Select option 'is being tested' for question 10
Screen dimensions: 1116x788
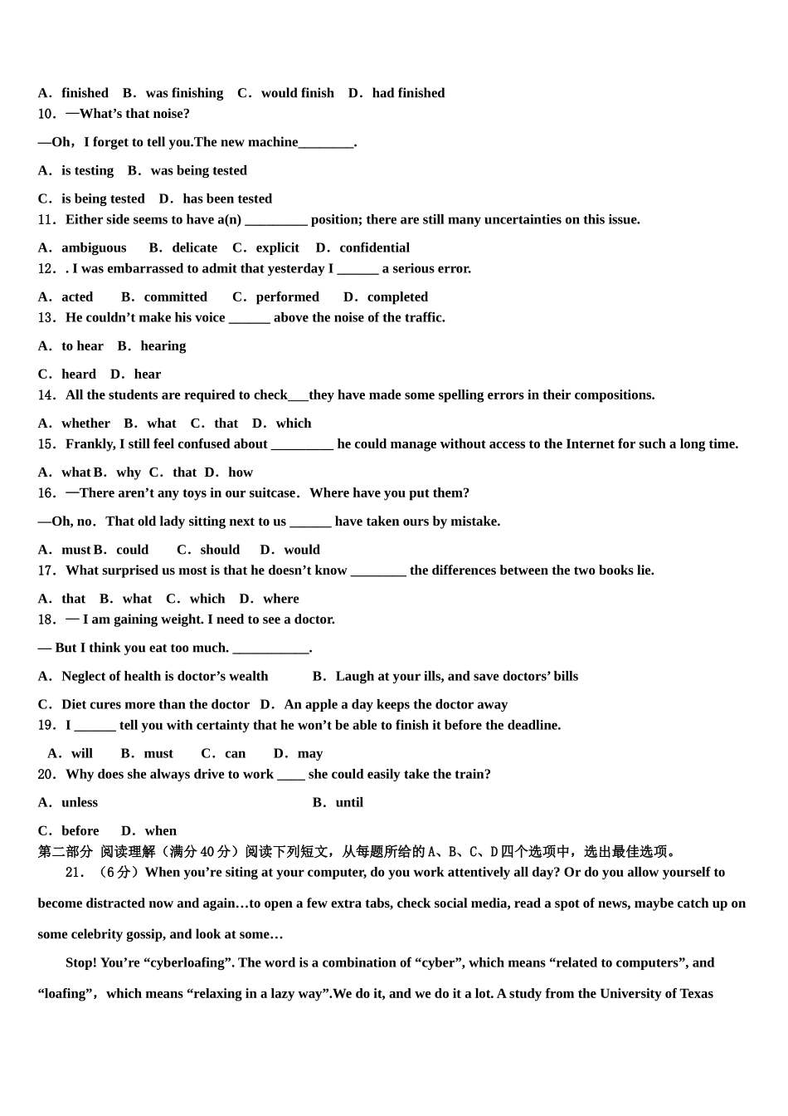102,198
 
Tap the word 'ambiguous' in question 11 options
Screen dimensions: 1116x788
94,247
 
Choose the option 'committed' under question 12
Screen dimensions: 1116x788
175,296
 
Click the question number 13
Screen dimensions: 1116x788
47,318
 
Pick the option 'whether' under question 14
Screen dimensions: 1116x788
85,423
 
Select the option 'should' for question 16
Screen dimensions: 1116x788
220,550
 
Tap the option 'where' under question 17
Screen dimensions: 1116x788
280,599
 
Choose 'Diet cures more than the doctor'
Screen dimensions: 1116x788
155,704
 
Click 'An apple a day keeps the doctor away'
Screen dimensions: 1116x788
396,704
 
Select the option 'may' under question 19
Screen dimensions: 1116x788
309,753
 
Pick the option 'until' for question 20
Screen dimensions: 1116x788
349,802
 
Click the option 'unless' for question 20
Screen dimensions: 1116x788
80,802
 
